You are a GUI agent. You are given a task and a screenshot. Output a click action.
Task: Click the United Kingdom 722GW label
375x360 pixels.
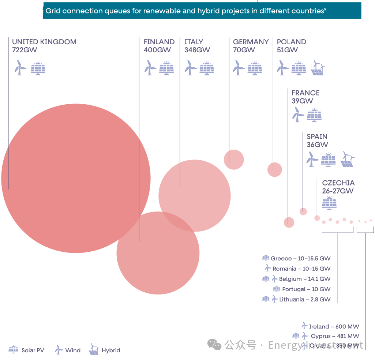coord(44,46)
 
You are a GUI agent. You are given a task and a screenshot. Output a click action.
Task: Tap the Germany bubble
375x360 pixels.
coord(234,160)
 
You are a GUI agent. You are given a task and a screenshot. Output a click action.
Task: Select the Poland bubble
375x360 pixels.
coord(275,169)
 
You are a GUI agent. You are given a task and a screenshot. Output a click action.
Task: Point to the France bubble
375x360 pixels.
coord(289,222)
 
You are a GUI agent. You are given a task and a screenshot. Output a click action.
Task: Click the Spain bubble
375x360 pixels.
coord(303,211)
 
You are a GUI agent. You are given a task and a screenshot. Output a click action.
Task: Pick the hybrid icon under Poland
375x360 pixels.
coord(318,68)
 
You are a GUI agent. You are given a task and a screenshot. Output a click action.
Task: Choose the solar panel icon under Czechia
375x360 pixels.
coord(329,203)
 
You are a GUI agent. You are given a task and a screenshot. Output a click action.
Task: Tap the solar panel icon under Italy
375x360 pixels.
coord(207,68)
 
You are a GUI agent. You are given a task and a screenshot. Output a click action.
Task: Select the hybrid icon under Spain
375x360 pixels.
coord(348,159)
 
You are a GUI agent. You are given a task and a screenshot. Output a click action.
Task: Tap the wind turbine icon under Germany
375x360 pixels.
coord(238,68)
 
